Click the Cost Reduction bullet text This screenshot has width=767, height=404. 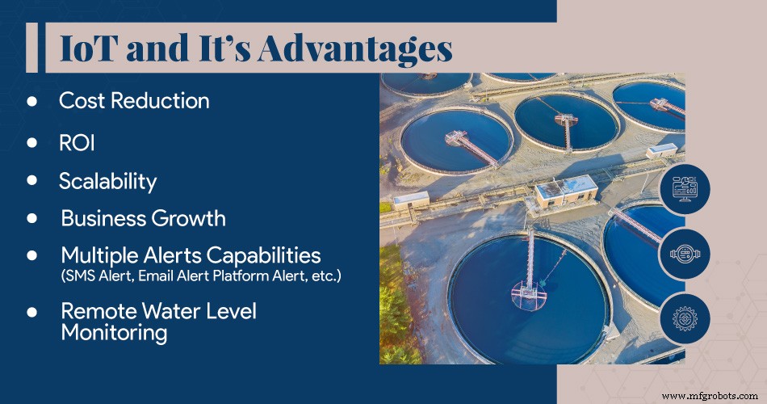pyautogui.click(x=134, y=101)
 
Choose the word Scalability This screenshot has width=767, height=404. pyautogui.click(x=107, y=181)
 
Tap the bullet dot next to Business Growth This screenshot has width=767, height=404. pyautogui.click(x=33, y=218)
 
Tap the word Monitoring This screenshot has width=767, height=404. pyautogui.click(x=114, y=333)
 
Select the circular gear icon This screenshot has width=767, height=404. pyautogui.click(x=685, y=318)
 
